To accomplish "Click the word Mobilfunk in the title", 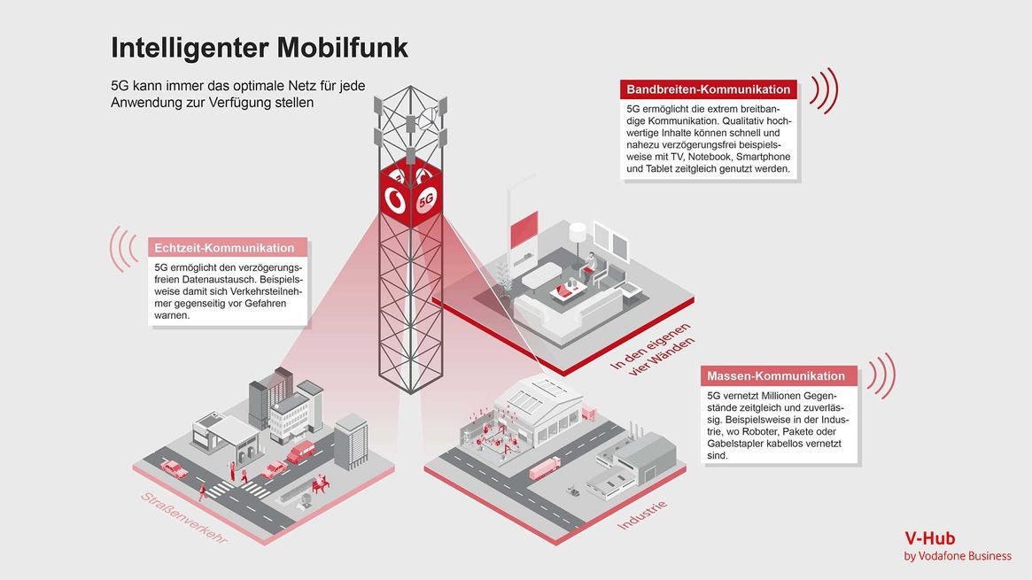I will pos(342,48).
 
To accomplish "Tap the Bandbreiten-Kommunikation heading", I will pos(708,89).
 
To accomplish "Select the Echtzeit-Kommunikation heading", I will pos(224,248).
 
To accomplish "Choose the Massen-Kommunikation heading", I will pos(776,376).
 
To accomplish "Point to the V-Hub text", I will pos(929,537).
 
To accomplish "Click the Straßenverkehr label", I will pos(183,517).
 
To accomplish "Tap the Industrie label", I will pos(641,516).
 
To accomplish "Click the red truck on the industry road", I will pos(544,467).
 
